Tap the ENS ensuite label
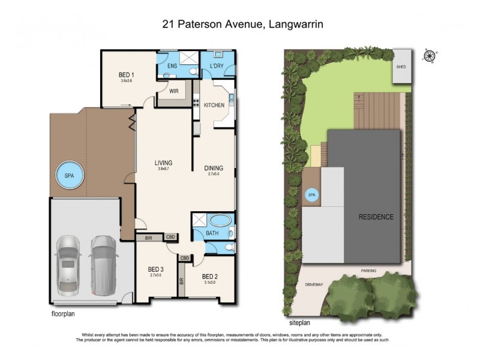(172, 65)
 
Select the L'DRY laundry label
(217, 65)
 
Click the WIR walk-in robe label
(174, 92)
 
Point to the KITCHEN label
(214, 105)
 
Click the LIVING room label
(163, 163)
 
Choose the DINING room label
(214, 168)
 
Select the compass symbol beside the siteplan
(429, 56)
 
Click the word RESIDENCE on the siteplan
(376, 217)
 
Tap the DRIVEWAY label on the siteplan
(313, 284)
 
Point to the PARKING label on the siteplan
(368, 271)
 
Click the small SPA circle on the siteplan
(311, 195)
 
